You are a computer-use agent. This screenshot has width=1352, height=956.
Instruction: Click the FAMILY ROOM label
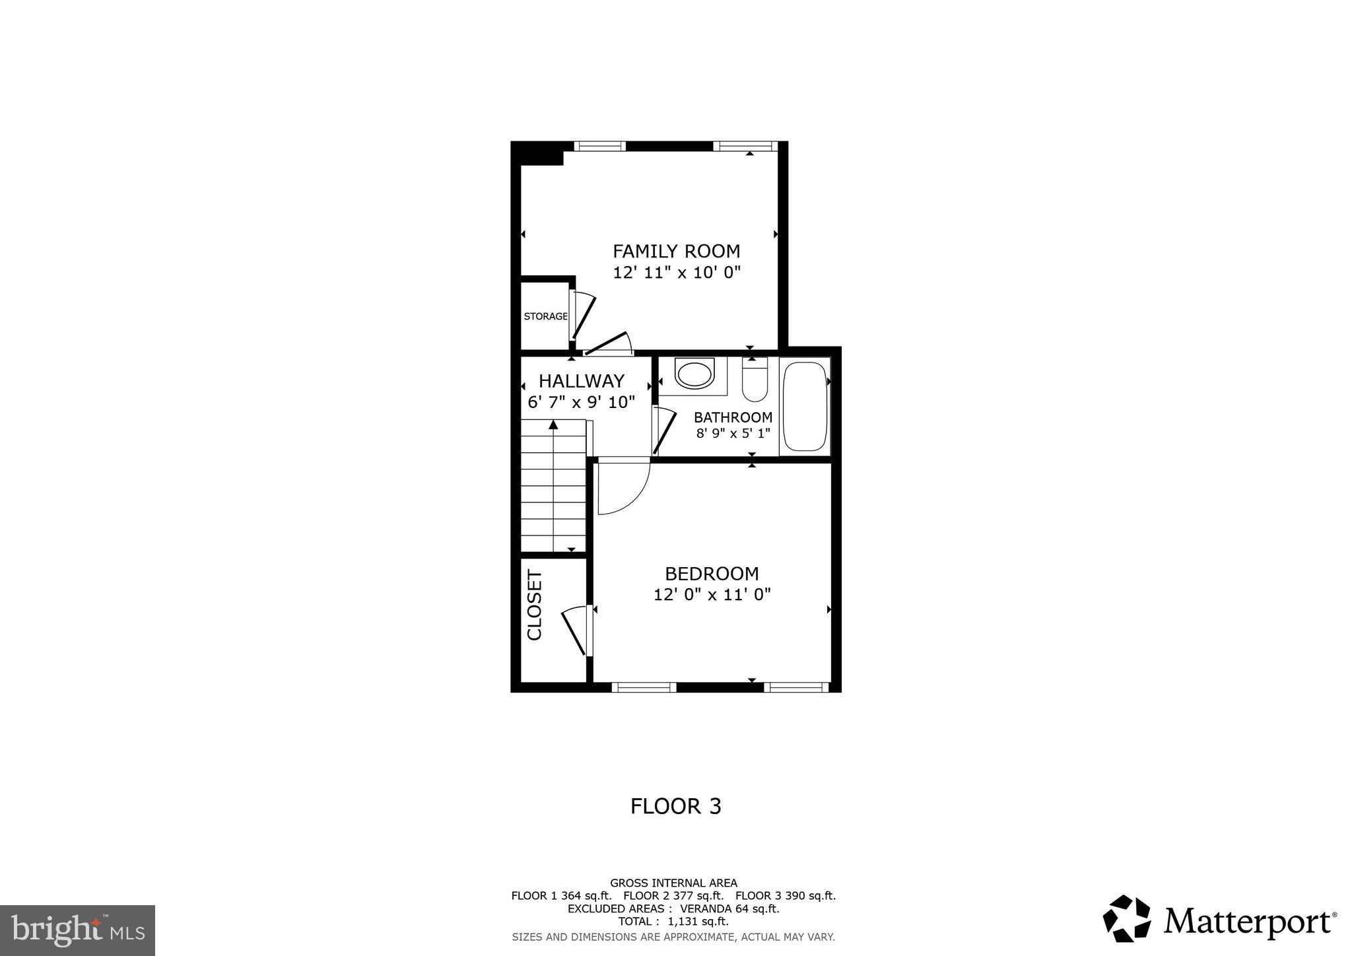(676, 251)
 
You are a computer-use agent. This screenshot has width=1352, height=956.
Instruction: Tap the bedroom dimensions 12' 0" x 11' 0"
(712, 595)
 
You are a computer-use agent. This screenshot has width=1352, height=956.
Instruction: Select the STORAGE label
(545, 316)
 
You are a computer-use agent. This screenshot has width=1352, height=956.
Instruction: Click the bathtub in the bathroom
(803, 406)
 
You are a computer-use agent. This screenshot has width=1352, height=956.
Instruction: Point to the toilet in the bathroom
(755, 381)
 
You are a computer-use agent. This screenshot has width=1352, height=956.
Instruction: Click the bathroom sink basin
(695, 374)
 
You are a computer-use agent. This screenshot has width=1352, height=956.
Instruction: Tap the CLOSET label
(534, 605)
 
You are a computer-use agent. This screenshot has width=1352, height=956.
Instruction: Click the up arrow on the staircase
(553, 425)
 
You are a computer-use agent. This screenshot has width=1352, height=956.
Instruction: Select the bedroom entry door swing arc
(623, 488)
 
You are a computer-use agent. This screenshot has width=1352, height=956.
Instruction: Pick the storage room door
(583, 316)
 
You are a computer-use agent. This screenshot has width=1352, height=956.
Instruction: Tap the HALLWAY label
(581, 381)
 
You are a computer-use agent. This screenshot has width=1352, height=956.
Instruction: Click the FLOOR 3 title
(675, 806)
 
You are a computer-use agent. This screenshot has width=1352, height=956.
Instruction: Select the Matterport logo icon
(1126, 918)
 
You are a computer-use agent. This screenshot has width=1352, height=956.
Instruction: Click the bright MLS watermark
(77, 930)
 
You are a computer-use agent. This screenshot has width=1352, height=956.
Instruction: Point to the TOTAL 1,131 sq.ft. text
(673, 921)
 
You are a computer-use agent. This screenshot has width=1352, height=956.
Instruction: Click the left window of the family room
(599, 146)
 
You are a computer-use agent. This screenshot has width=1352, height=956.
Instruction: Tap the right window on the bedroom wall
(795, 687)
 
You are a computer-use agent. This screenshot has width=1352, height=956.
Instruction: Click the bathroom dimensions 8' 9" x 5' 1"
(733, 434)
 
